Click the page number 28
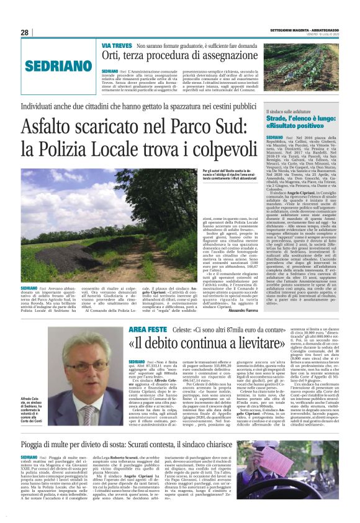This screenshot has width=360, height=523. (x=25, y=33)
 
